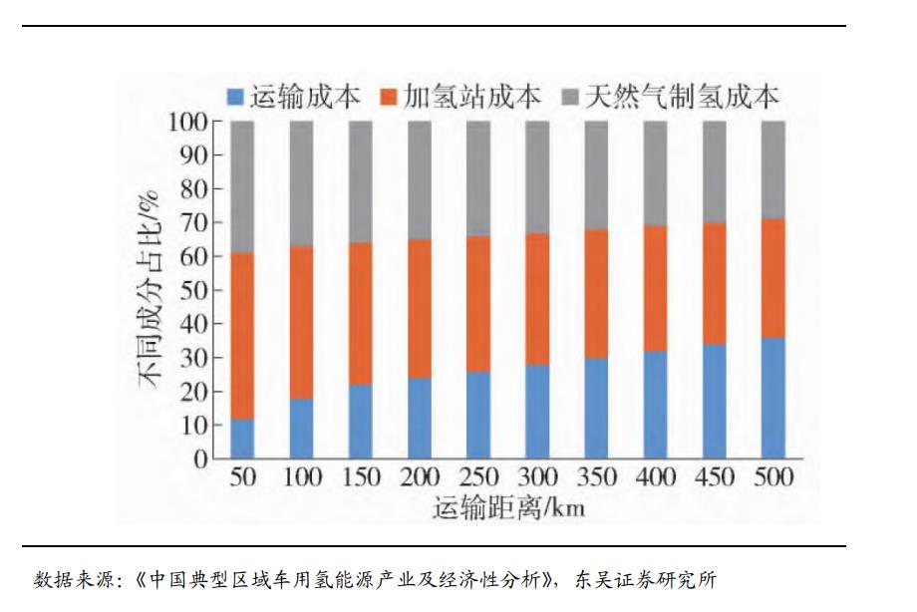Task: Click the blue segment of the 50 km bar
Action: tap(242, 439)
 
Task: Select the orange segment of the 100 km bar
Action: tap(301, 322)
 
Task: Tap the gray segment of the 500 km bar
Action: tap(772, 169)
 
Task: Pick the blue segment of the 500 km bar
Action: tap(772, 398)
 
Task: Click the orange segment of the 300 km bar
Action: tap(537, 299)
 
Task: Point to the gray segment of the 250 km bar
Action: tap(478, 178)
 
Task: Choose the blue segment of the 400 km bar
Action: tap(655, 405)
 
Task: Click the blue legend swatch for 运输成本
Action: tap(236, 97)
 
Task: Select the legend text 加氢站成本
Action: tap(472, 96)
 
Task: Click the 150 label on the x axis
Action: tap(360, 477)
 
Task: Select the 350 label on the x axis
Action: tap(596, 477)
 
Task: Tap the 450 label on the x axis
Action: tap(714, 477)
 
